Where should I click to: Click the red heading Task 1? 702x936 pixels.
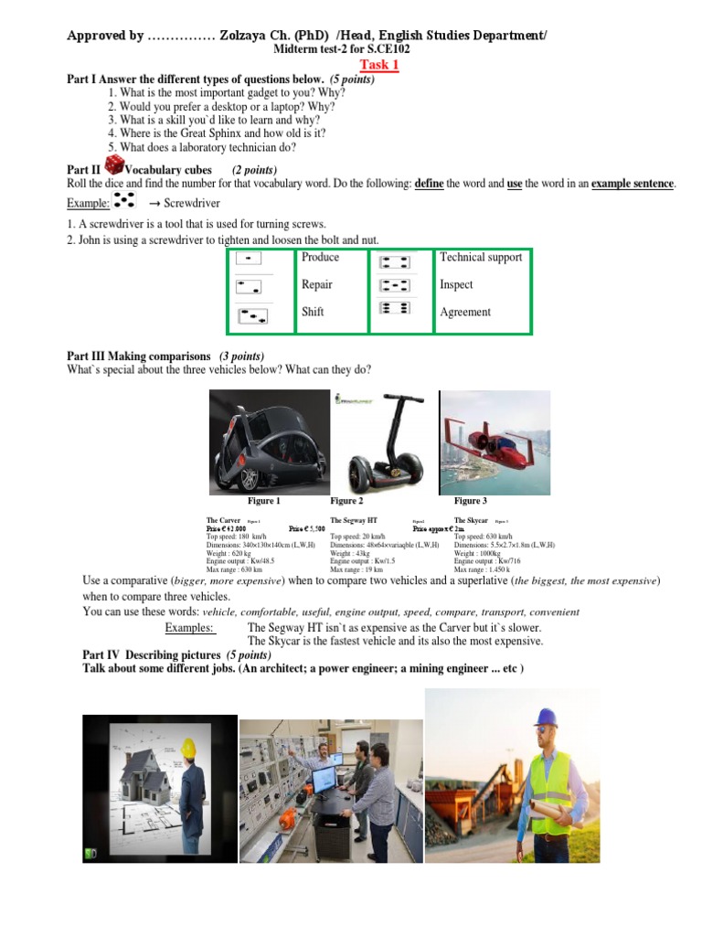379,65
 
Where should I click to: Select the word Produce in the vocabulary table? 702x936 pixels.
320,258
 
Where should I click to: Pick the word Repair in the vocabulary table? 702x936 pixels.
317,285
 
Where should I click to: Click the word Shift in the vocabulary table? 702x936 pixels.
313,313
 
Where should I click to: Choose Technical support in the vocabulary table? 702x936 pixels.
481,258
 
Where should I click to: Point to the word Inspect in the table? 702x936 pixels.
456,285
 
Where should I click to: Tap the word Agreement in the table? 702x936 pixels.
465,313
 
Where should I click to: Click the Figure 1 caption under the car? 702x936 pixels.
264,502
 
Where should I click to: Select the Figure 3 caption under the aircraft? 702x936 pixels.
471,502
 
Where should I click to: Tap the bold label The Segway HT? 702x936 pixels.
354,520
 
